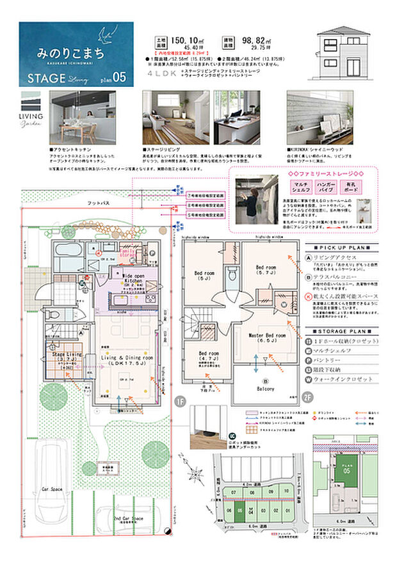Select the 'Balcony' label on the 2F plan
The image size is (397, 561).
265,388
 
